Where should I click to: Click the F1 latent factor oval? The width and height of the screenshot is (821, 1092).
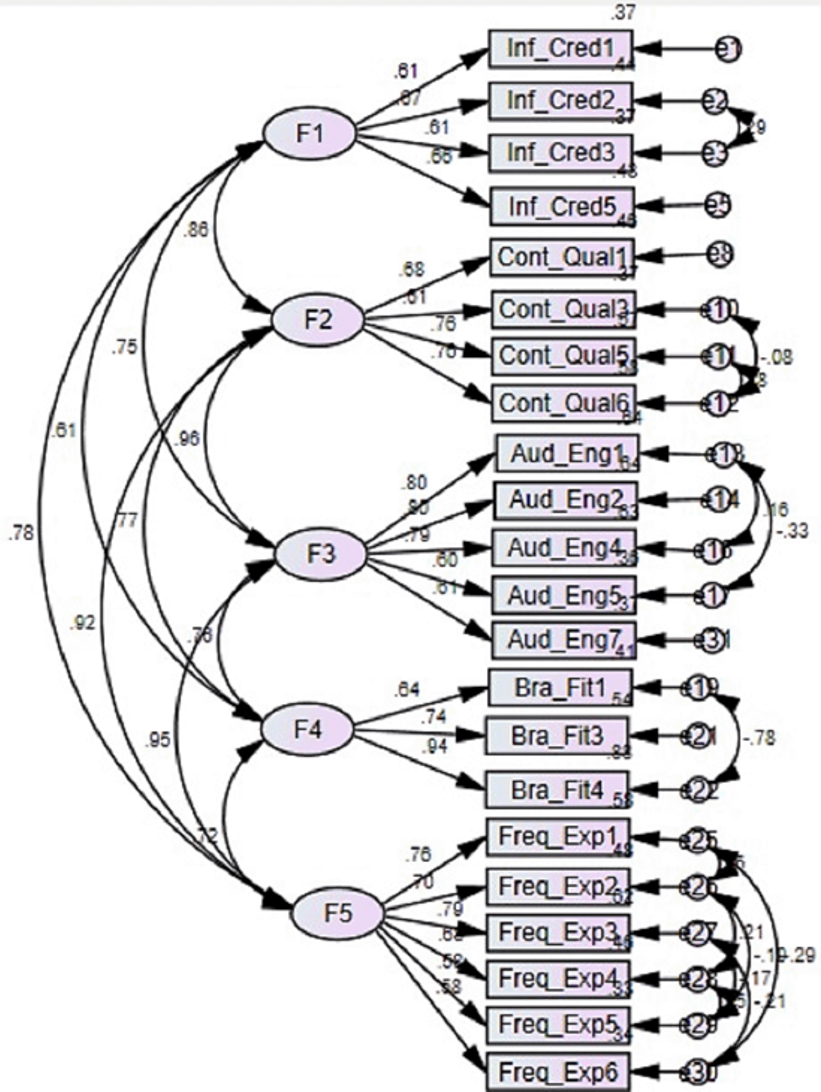[x=309, y=134]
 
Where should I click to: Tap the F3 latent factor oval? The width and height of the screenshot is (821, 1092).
[x=320, y=554]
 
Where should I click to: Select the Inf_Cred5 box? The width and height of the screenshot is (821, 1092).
[x=562, y=206]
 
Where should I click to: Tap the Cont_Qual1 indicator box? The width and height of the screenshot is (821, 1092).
[x=562, y=257]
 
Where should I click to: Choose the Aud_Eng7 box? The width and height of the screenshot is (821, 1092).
[x=564, y=640]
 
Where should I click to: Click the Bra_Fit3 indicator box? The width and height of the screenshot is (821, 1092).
[x=557, y=735]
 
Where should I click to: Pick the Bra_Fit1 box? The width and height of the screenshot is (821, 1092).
[x=560, y=688]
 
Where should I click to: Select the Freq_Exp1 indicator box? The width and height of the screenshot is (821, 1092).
[x=558, y=837]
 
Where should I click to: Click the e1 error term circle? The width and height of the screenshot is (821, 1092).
[x=728, y=49]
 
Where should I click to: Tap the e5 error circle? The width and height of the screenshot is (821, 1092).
[x=718, y=205]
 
